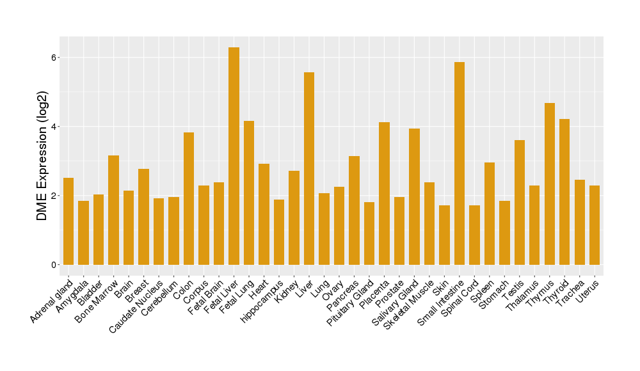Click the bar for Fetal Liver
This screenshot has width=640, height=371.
tap(234, 156)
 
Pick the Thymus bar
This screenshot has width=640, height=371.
tap(549, 184)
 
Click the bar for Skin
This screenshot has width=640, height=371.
tap(444, 235)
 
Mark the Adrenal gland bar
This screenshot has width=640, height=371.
tap(68, 221)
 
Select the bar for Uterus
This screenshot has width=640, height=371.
tap(595, 225)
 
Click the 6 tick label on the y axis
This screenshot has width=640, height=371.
tap(55, 58)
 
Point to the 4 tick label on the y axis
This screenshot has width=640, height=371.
tap(55, 127)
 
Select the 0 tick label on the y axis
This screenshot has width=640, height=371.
tap(55, 265)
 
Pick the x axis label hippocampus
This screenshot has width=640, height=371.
tap(262, 301)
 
